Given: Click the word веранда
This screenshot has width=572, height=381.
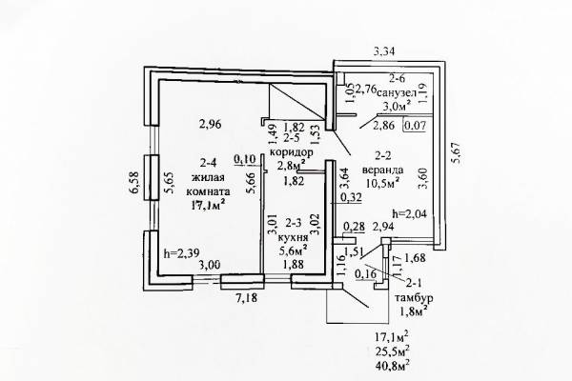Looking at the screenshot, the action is pyautogui.click(x=382, y=170).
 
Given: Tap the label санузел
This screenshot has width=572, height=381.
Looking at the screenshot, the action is pyautogui.click(x=397, y=92).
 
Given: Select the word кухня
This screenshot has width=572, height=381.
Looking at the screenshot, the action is pyautogui.click(x=293, y=238).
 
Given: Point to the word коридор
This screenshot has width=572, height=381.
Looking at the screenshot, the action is pyautogui.click(x=291, y=151).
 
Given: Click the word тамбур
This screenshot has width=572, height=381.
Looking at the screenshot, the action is pyautogui.click(x=414, y=297).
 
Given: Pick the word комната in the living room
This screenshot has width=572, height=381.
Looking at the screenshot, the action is pyautogui.click(x=208, y=191).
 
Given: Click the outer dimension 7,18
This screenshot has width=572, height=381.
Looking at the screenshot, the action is pyautogui.click(x=245, y=298).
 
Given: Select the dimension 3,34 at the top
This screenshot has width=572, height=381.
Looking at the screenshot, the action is pyautogui.click(x=384, y=51).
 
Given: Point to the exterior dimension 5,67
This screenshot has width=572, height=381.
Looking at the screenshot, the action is pyautogui.click(x=457, y=152).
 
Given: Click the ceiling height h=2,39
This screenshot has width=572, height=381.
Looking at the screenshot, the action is pyautogui.click(x=181, y=252).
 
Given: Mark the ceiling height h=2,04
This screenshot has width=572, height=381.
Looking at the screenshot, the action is pyautogui.click(x=409, y=213).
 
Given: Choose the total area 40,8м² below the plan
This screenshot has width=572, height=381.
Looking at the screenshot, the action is pyautogui.click(x=392, y=363).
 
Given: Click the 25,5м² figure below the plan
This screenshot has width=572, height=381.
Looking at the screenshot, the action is pyautogui.click(x=392, y=350).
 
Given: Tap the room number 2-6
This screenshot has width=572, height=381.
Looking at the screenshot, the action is pyautogui.click(x=397, y=78).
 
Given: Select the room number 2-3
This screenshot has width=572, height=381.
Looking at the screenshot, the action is pyautogui.click(x=294, y=222).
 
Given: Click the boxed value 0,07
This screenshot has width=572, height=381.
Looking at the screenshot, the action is pyautogui.click(x=415, y=125).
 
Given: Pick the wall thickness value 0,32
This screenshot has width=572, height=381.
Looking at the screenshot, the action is pyautogui.click(x=351, y=197).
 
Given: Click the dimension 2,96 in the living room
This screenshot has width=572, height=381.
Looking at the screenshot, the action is pyautogui.click(x=211, y=125).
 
